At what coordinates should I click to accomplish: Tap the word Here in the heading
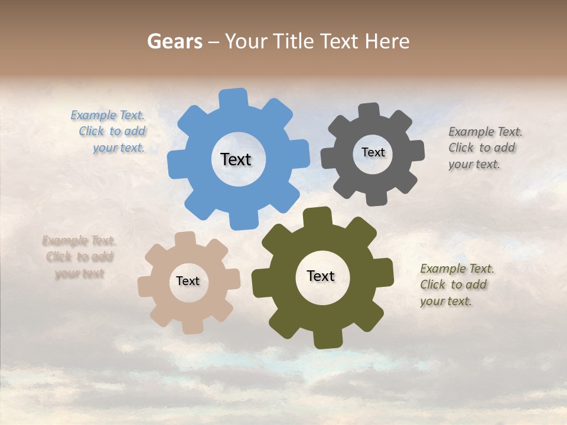pos(387,41)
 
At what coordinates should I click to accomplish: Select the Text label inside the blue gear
pos(236,159)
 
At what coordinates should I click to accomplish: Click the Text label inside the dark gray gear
pos(373,152)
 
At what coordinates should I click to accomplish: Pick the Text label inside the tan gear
pos(187,281)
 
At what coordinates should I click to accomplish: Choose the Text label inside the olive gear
pos(321,276)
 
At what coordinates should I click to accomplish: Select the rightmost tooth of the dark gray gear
pos(415,151)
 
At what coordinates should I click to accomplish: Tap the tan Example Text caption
pos(79,257)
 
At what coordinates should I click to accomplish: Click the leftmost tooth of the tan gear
pos(145,286)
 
